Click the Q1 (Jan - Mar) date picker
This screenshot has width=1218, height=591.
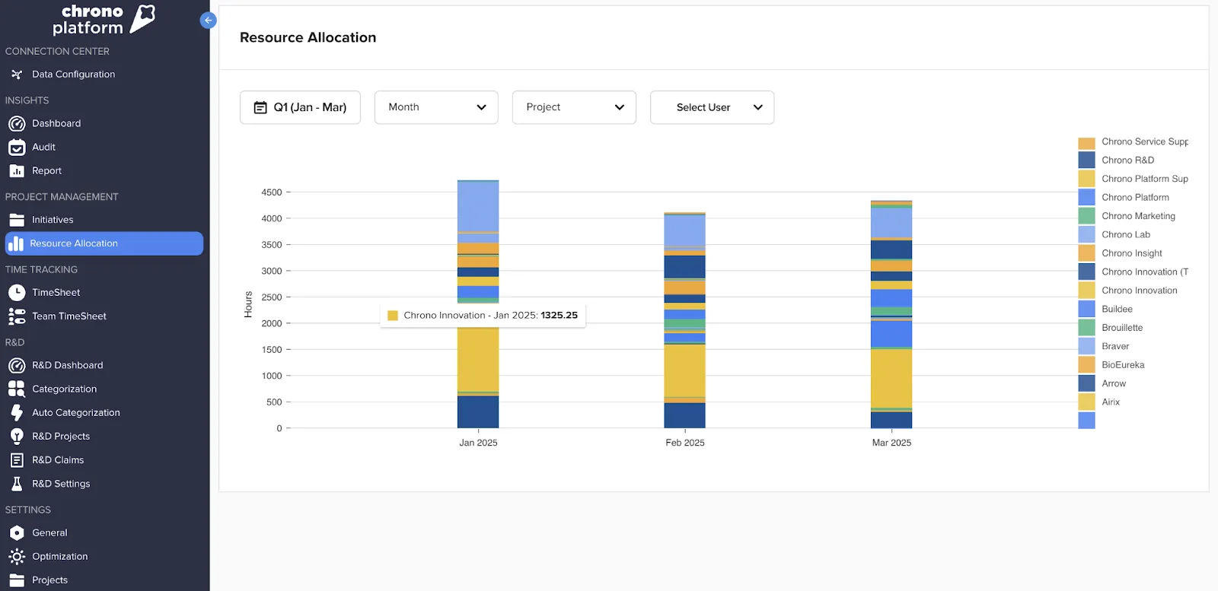coord(300,107)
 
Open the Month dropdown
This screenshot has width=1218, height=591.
coord(435,107)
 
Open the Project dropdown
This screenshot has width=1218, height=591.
coord(573,107)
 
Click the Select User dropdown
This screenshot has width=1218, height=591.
coord(712,107)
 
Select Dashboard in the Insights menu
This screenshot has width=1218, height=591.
coord(56,123)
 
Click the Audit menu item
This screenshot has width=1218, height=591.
coord(43,147)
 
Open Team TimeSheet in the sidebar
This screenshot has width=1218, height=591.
coord(69,316)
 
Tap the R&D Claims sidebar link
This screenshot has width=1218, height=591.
coord(58,460)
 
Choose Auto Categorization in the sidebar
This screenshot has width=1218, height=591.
coord(75,413)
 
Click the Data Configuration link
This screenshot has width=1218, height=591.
coord(73,75)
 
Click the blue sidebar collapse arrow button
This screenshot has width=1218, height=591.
coord(208,21)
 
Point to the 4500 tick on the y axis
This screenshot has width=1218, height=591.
coord(272,192)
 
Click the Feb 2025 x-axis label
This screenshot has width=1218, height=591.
coord(684,443)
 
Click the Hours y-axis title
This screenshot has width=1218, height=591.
coord(248,304)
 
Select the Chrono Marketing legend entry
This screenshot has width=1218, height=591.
coord(1137,216)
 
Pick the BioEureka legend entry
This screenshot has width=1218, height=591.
coord(1122,365)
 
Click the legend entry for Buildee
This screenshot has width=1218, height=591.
coord(1116,309)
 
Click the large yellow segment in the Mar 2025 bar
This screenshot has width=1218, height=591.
coord(891,378)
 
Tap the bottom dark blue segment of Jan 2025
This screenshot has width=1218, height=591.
coord(478,411)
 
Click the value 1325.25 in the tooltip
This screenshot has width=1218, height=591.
coord(559,315)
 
